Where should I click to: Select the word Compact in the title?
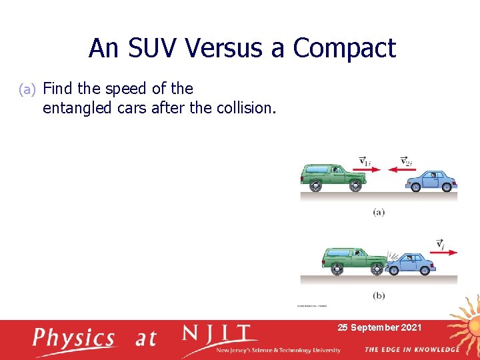(344, 48)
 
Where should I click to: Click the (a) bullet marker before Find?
(29, 89)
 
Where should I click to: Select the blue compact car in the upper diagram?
(431, 180)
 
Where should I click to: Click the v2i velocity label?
(406, 161)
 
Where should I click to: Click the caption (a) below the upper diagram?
(379, 212)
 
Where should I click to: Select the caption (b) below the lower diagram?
(379, 295)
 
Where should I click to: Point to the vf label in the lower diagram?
(441, 244)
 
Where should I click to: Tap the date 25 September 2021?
(379, 327)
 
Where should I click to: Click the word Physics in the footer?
(74, 338)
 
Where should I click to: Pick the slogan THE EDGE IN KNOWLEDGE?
(411, 349)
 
